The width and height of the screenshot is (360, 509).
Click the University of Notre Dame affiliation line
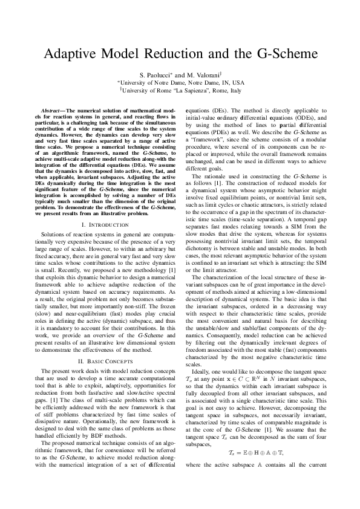(180, 82)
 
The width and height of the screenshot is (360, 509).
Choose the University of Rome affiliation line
(180, 90)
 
